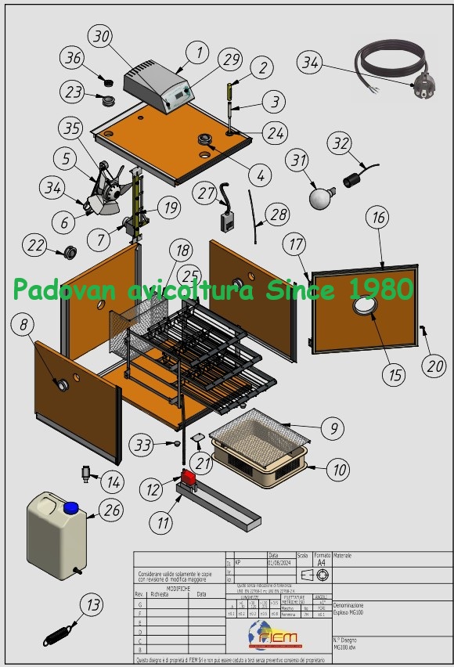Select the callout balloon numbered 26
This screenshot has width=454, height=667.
(x=111, y=510)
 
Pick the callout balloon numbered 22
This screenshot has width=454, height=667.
(x=35, y=245)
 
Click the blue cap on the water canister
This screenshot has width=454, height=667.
(x=71, y=507)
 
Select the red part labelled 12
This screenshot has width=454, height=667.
(x=189, y=476)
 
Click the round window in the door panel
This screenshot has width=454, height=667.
(x=364, y=310)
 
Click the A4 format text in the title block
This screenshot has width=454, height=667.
(x=321, y=562)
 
